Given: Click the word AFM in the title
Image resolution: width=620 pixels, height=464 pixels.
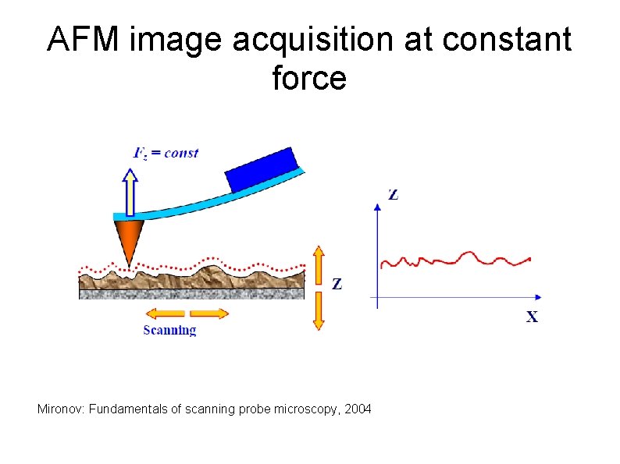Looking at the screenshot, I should click(x=84, y=40).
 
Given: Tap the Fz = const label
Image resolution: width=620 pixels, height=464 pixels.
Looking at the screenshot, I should click(x=166, y=153).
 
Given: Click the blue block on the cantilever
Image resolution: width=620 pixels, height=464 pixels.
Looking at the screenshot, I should click(x=263, y=169).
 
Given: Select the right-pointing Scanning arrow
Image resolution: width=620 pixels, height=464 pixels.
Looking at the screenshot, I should click(x=209, y=313).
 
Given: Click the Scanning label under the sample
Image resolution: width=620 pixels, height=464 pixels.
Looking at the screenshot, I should click(x=169, y=331).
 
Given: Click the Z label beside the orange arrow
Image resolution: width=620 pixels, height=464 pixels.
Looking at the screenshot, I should click(x=337, y=285).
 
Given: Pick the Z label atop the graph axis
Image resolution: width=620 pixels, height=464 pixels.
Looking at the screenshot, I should click(x=393, y=194).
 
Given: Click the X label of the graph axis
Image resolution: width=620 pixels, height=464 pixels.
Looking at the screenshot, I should click(x=531, y=317).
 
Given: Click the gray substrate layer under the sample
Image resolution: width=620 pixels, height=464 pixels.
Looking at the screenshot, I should click(x=191, y=294).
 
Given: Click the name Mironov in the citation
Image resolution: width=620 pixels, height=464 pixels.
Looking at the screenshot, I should click(x=61, y=409).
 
